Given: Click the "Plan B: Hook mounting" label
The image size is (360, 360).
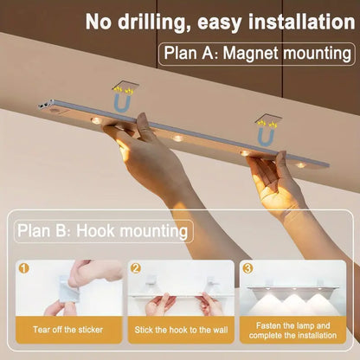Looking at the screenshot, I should point(103,231).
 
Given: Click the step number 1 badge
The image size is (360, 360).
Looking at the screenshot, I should point(24,268).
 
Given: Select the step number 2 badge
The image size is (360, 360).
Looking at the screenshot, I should point(136,268).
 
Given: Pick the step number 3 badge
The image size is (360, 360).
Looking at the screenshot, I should point(248,268).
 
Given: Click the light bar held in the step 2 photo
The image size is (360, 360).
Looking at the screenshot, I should point(180,293).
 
